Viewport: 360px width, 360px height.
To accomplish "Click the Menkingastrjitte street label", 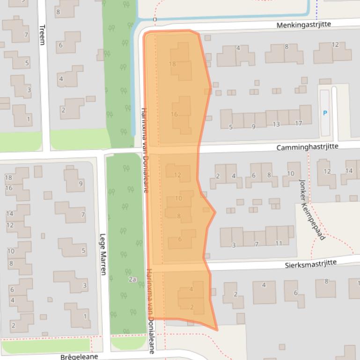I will tap(317, 24).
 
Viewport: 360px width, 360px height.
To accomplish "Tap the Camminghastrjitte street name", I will tap(307, 147).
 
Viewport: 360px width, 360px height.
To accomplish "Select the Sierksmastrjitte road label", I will tap(311, 264).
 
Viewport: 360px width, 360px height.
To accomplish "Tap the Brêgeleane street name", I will tap(79, 357).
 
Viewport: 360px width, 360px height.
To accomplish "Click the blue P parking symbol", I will tap(325, 113).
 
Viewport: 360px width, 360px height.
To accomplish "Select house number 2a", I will tap(132, 280).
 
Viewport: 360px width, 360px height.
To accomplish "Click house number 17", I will tap(299, 123).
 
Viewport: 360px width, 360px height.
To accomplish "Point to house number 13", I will tap(276, 124).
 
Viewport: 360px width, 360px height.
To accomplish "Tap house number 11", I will tap(279, 244).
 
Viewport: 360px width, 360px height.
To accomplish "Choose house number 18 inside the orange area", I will tap(172, 64).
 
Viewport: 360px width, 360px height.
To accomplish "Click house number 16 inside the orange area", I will tap(174, 115).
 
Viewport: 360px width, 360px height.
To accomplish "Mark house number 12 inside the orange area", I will tap(177, 175).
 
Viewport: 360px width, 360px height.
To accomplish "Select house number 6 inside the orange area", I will tap(180, 239).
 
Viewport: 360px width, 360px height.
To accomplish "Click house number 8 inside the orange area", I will tap(179, 216).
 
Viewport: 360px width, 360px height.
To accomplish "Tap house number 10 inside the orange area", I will tap(178, 198).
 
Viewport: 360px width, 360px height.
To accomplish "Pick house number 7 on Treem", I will tap(27, 35).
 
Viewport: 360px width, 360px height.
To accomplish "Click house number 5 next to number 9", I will tap(231, 127).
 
